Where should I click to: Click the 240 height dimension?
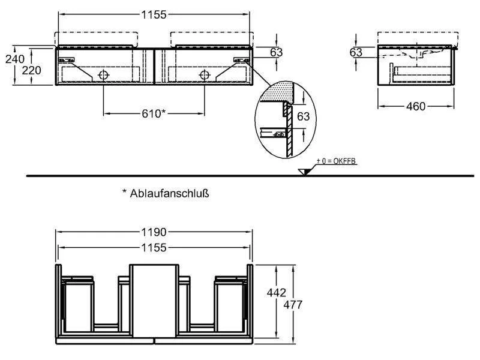(x=14, y=58)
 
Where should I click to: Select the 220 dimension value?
(x=32, y=70)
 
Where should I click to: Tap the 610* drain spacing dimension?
(x=154, y=113)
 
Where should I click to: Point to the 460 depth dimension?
(x=416, y=106)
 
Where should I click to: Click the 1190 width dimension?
(x=154, y=232)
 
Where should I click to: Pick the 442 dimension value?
(x=277, y=293)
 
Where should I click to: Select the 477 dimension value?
(x=293, y=305)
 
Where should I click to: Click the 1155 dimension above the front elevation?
(x=154, y=14)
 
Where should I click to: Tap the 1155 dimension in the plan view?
(x=154, y=247)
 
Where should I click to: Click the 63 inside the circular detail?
(x=304, y=116)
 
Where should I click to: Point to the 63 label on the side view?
(x=356, y=52)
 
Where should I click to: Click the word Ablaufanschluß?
(x=169, y=193)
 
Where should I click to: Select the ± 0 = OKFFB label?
(x=336, y=161)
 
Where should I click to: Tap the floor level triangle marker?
(x=305, y=172)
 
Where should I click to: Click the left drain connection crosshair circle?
(x=103, y=74)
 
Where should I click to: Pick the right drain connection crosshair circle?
(x=205, y=74)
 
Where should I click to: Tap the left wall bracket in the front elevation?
(x=67, y=59)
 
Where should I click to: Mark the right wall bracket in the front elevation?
(x=242, y=59)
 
